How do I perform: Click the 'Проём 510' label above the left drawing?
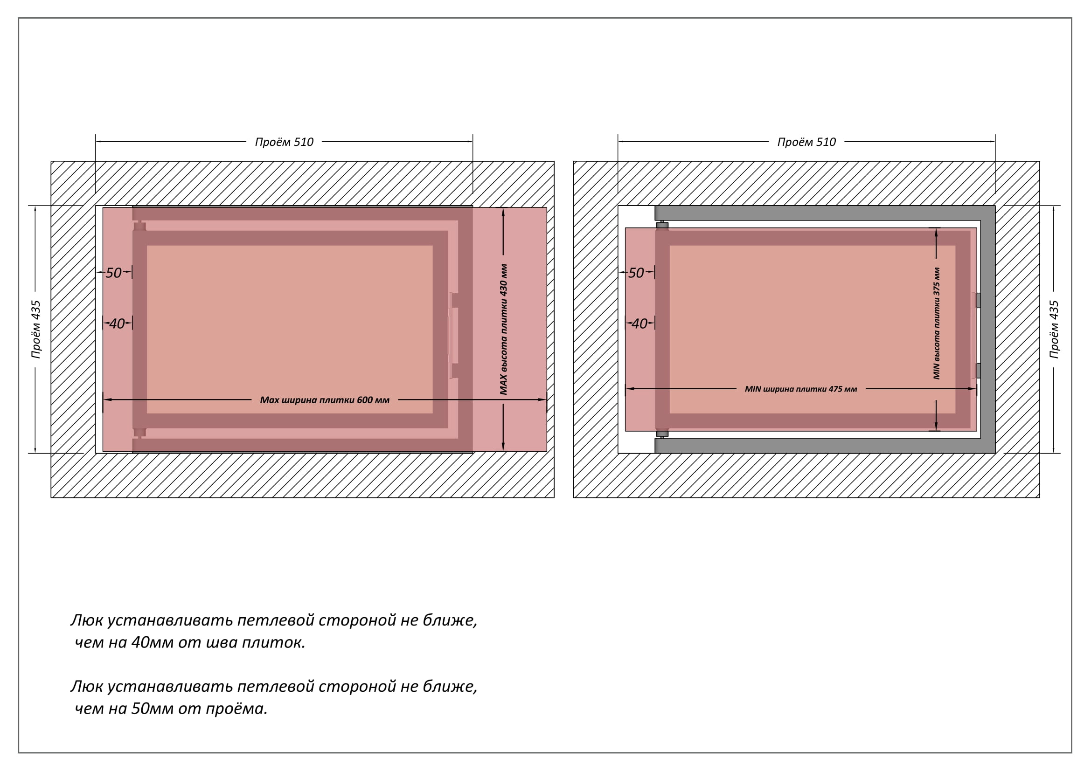284,142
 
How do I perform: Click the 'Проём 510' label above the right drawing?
806,142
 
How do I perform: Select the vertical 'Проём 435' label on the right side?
1054,329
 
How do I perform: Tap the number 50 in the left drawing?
113,273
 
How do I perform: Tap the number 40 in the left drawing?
117,324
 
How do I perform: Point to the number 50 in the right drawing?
636,273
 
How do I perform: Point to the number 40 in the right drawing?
639,324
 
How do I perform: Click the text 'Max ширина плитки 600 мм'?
325,400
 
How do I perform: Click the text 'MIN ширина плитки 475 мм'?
801,389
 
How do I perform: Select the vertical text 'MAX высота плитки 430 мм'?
504,330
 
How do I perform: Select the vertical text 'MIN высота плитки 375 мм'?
937,324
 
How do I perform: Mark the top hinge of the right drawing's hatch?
662,225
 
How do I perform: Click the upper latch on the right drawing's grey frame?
978,300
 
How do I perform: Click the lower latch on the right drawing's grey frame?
978,370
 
